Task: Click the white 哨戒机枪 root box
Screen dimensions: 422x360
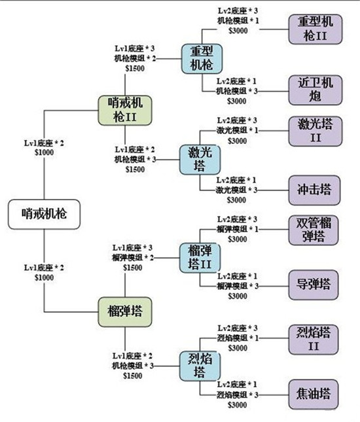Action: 45,213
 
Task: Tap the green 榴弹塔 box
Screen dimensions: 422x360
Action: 124,311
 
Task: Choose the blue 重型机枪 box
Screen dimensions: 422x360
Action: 202,58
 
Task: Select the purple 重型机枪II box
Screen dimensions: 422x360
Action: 315,29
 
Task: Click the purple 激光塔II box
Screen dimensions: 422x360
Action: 315,131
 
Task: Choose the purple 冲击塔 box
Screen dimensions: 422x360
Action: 315,190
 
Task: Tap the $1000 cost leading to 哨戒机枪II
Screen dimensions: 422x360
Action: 43,152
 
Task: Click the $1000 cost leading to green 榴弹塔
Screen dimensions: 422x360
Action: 43,277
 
